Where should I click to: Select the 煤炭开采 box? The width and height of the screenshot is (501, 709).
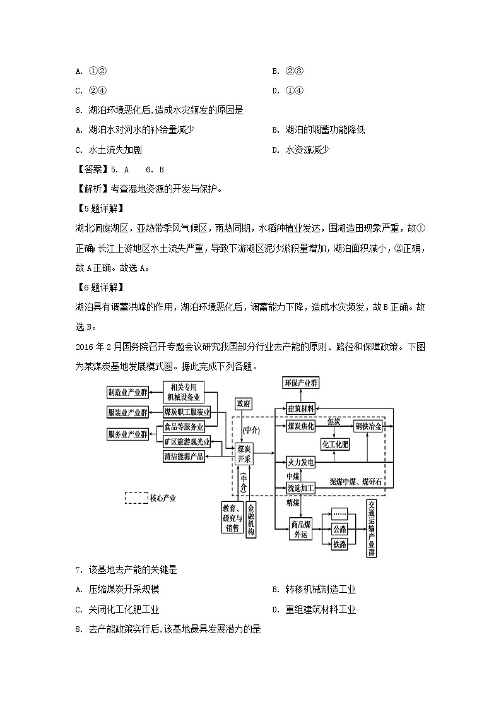pyautogui.click(x=244, y=454)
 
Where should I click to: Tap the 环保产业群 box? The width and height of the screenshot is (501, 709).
pyautogui.click(x=301, y=383)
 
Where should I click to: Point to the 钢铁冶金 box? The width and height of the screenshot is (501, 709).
pyautogui.click(x=368, y=427)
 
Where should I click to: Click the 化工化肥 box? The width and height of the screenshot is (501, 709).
pyautogui.click(x=335, y=444)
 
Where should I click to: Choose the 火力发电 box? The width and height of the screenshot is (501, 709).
pyautogui.click(x=301, y=463)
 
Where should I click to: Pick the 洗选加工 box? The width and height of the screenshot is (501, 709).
pyautogui.click(x=301, y=488)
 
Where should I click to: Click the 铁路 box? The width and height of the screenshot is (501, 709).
pyautogui.click(x=339, y=544)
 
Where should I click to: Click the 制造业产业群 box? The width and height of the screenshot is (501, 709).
pyautogui.click(x=127, y=392)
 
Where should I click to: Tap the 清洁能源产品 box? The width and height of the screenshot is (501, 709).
pyautogui.click(x=184, y=456)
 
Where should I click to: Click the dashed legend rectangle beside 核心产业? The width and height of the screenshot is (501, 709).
pyautogui.click(x=136, y=498)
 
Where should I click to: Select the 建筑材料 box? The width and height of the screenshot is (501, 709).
pyautogui.click(x=301, y=408)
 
